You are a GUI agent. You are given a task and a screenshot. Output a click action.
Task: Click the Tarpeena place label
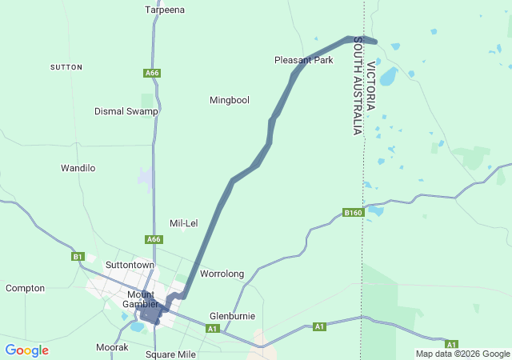[165, 10]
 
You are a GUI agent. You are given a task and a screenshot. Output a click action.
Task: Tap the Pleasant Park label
[303, 60]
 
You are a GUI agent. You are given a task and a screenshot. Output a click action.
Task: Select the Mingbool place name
[230, 100]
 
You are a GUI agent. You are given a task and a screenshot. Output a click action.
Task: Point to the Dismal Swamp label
[126, 111]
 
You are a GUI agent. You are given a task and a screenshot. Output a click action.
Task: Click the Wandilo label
[78, 168]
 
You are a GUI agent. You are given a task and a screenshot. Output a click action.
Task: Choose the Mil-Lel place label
[184, 223]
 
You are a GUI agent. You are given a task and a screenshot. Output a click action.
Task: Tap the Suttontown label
[130, 264]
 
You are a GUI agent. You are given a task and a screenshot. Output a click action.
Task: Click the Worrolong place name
[222, 274]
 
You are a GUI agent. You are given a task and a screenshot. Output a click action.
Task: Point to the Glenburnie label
[232, 315]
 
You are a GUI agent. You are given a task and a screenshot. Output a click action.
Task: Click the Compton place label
[26, 288]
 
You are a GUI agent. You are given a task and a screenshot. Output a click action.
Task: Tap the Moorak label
[112, 347]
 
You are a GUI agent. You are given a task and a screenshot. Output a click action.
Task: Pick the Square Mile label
[170, 354]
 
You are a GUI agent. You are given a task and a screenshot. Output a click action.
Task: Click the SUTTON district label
[66, 67]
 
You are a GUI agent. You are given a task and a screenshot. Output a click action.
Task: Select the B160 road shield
[353, 212]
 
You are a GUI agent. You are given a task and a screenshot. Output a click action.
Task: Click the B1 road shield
[78, 257]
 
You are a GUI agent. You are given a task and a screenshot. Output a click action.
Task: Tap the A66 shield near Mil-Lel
[154, 239]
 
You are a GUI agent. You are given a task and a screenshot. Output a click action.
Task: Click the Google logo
[26, 350]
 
